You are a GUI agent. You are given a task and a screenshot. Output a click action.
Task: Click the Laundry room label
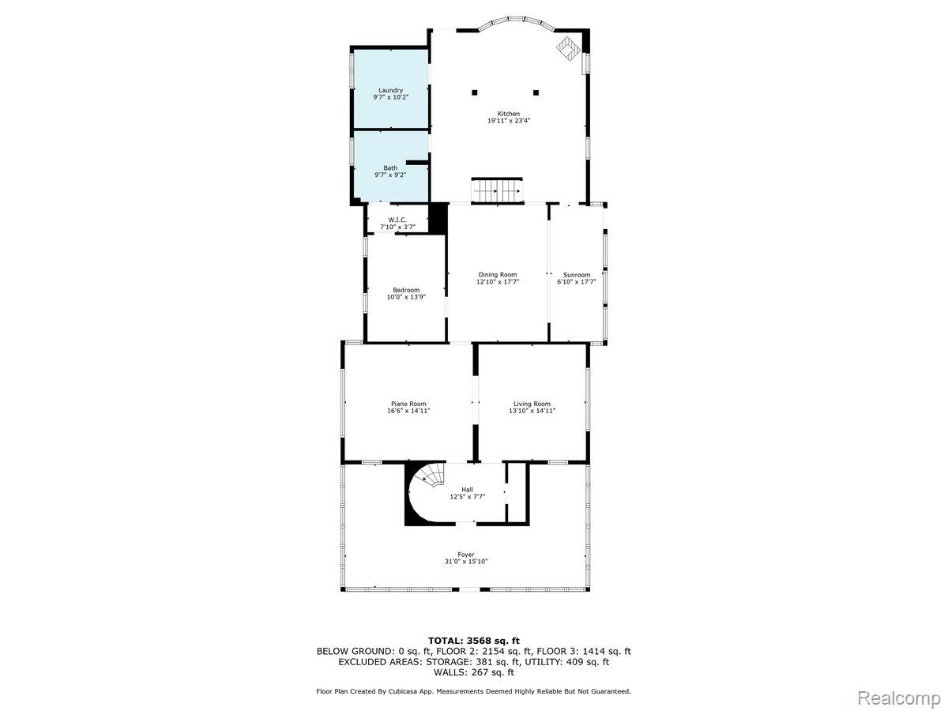coord(390,90)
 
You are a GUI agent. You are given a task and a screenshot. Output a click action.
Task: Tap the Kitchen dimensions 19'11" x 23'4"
coord(509,121)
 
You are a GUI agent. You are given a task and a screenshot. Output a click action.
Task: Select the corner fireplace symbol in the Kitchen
coord(568,50)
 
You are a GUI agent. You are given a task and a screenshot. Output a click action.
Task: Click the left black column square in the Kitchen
coord(475,92)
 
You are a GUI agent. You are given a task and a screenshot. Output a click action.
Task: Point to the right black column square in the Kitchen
coord(536,92)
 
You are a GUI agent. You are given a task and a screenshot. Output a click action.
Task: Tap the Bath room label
coord(390,168)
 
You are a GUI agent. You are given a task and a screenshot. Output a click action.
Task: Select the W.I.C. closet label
coord(397,220)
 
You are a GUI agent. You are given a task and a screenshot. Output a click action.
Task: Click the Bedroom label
coord(406,290)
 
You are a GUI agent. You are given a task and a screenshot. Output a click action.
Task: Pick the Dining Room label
coord(498,275)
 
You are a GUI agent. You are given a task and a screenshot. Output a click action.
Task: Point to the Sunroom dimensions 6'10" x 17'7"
coord(577,282)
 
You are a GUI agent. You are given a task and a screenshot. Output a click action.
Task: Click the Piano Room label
coord(408,404)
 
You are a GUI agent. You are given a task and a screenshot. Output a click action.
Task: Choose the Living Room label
coord(532,404)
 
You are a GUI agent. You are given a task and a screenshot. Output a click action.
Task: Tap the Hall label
coord(467,490)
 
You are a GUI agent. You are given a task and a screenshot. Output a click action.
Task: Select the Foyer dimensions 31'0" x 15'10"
coord(466,562)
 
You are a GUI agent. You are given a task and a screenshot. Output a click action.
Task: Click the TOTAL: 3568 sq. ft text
coord(474,641)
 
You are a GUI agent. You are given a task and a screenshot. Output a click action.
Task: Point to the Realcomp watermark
coord(899,698)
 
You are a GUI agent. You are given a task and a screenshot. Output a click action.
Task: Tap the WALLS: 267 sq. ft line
coord(474,672)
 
